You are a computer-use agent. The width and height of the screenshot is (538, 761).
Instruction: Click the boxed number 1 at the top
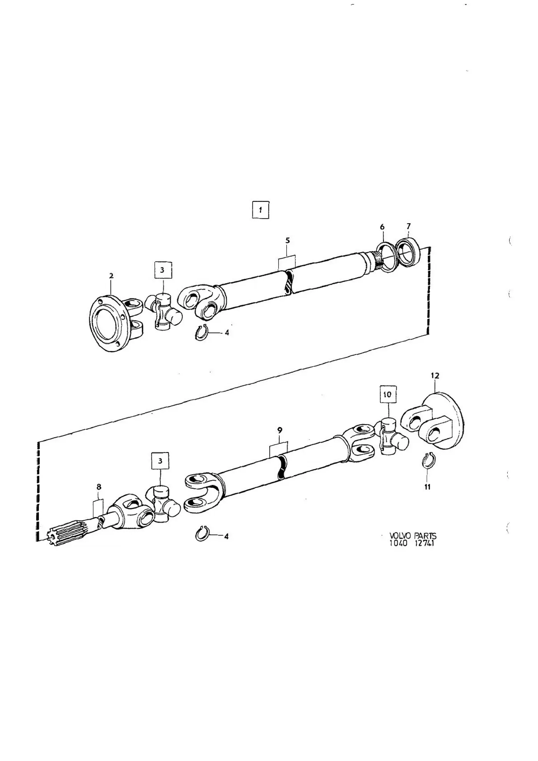point(260,210)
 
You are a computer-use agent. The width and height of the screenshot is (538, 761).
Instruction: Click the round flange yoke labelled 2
point(115,323)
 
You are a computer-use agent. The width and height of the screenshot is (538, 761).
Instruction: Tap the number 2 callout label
point(111,276)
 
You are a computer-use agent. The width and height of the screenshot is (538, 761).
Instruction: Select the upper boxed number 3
point(162,270)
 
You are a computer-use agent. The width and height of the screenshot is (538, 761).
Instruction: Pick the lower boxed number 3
point(161,461)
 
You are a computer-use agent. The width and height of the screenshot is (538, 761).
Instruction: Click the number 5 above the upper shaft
point(287,241)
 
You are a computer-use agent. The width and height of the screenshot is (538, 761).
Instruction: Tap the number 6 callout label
point(382,227)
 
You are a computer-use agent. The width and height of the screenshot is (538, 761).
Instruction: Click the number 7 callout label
point(408,226)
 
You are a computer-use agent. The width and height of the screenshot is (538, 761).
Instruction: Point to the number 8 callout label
point(99,487)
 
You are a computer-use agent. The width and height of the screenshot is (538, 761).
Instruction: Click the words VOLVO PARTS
point(413,536)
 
